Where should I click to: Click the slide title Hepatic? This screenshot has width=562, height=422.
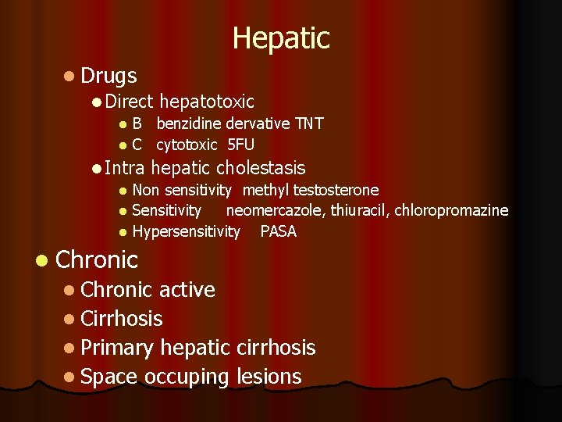(x=281, y=38)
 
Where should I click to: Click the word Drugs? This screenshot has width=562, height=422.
(x=108, y=76)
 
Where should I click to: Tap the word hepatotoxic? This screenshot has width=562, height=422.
(x=207, y=102)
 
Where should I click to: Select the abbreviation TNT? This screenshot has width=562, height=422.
(x=308, y=123)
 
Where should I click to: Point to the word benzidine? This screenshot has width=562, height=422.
(x=189, y=123)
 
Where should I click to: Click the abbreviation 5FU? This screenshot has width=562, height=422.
(x=241, y=145)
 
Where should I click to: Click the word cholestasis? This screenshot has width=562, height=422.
(x=261, y=168)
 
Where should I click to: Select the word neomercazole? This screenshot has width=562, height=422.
(x=276, y=210)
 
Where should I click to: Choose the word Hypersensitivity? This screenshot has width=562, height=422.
(x=187, y=231)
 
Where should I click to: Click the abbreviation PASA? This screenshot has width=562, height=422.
(x=279, y=231)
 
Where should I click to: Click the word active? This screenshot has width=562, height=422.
(x=187, y=290)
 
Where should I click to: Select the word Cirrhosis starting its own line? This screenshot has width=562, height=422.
(x=121, y=319)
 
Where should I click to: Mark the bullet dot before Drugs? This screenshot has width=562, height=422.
(x=70, y=77)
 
